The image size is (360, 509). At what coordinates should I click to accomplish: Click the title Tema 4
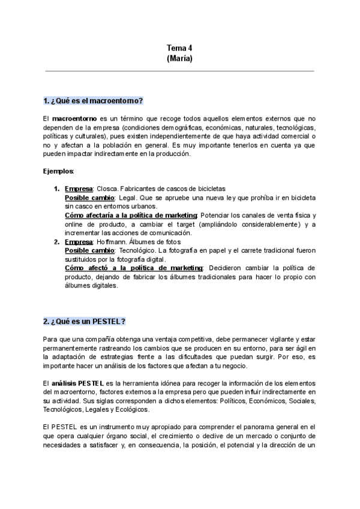[x=179, y=48]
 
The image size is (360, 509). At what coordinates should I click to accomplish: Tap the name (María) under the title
[x=179, y=59]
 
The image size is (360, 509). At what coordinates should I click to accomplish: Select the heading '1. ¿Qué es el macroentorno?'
[x=92, y=100]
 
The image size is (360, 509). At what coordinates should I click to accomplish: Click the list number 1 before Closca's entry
[x=56, y=188]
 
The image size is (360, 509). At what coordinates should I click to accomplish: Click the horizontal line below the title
[x=179, y=71]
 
